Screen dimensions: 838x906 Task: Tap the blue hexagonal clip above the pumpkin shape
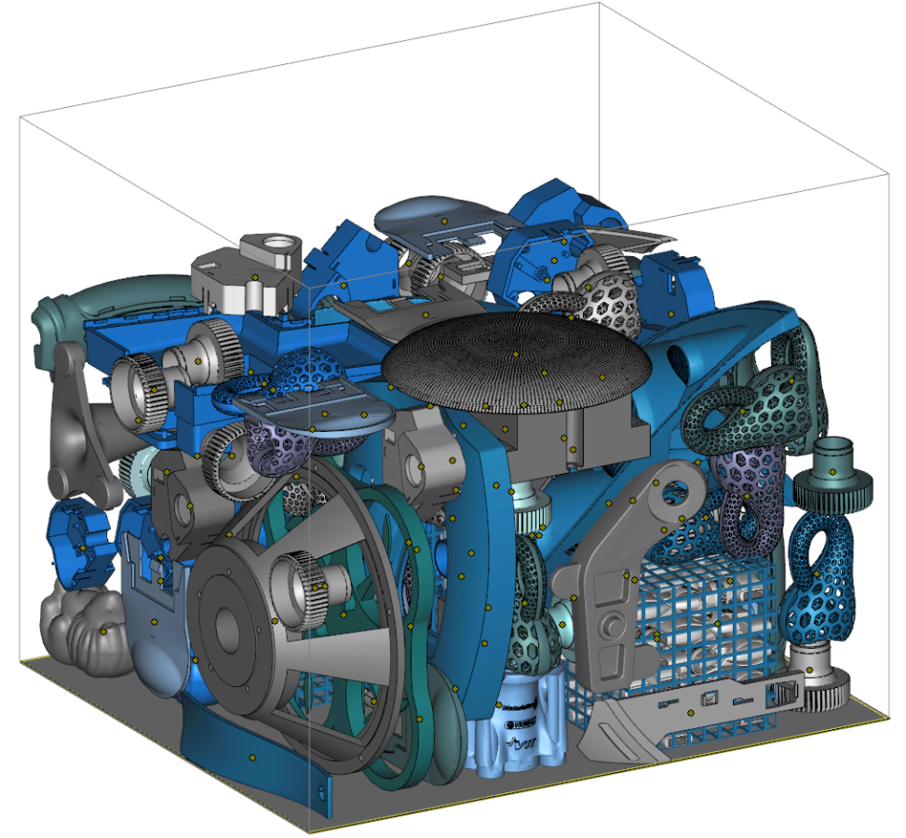coord(79,540)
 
